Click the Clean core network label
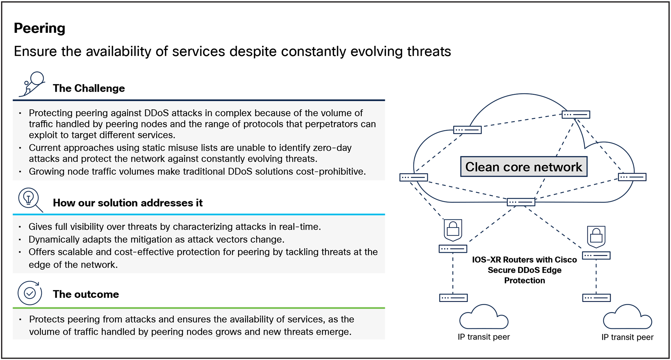(523, 167)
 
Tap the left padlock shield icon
(453, 230)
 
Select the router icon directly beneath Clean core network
(521, 202)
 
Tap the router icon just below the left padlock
(453, 249)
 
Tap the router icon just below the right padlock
(596, 256)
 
